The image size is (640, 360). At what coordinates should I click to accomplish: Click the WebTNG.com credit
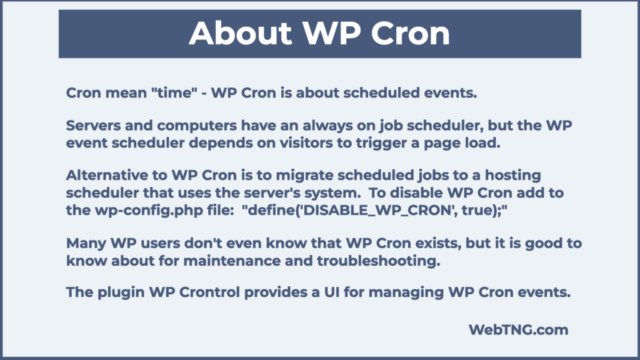pos(519,329)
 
